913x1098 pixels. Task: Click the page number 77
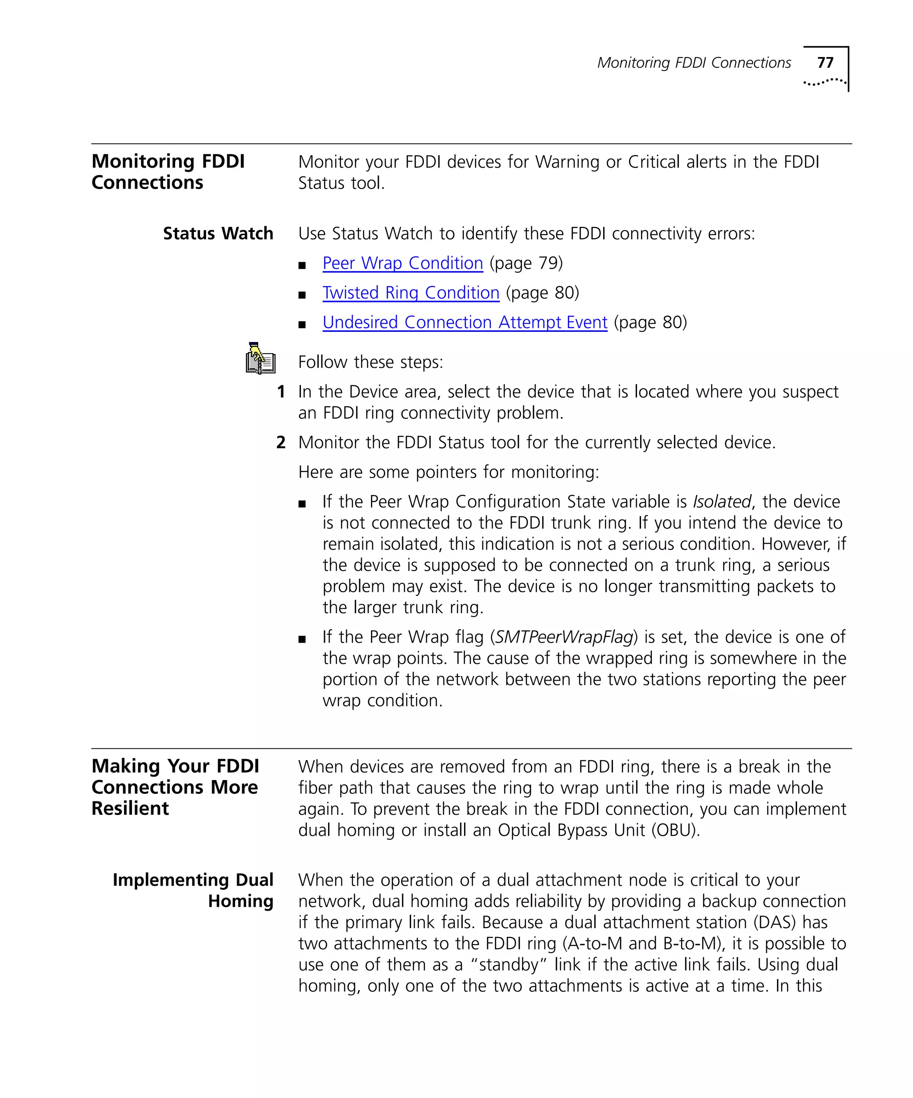click(x=825, y=63)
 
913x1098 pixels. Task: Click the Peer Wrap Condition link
click(x=403, y=263)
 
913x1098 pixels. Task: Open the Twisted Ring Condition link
click(x=411, y=293)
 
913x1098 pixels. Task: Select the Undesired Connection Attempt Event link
click(x=465, y=322)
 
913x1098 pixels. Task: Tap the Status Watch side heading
click(x=218, y=233)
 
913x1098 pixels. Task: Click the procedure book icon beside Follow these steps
click(x=260, y=359)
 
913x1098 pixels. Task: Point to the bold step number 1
click(x=281, y=392)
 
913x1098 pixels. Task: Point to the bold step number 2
click(x=281, y=442)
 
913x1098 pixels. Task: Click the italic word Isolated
click(x=722, y=501)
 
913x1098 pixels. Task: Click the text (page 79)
click(x=526, y=263)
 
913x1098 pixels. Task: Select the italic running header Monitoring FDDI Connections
click(x=694, y=63)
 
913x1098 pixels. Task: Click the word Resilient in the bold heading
click(x=130, y=809)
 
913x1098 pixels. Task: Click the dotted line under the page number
click(x=824, y=82)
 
